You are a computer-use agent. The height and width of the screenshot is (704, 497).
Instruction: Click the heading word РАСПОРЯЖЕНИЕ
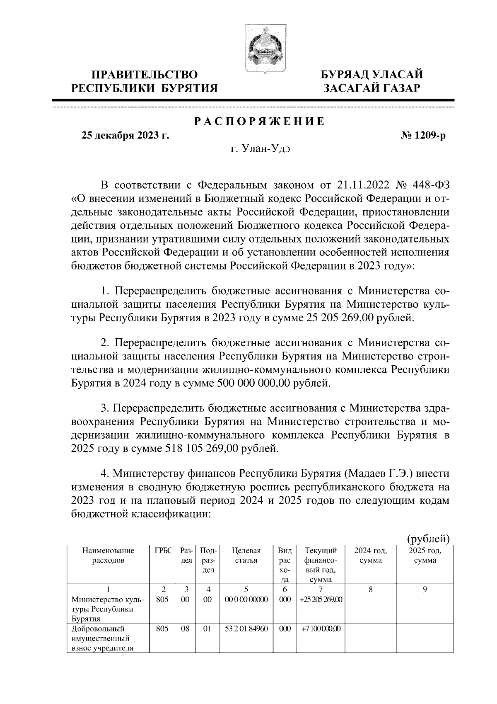(x=260, y=122)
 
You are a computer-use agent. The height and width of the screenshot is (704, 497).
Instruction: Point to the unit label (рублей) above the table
(x=428, y=539)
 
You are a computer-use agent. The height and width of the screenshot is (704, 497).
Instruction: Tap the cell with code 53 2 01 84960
(x=246, y=629)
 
